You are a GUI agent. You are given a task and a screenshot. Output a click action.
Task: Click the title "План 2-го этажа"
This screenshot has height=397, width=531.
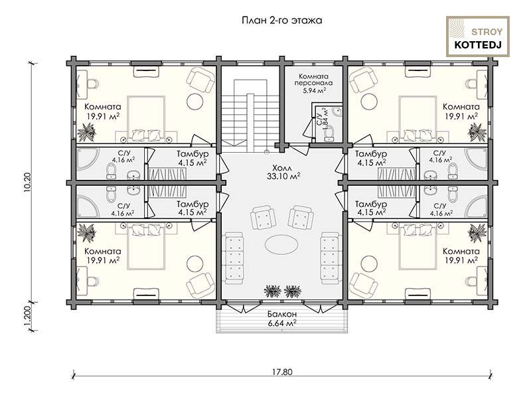point(281,21)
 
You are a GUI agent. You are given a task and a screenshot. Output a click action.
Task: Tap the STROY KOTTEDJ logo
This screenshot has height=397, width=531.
point(478,37)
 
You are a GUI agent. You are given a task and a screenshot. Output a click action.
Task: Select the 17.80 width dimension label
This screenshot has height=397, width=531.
point(281,372)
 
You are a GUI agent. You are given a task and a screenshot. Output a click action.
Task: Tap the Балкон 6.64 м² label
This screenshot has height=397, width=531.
point(282,319)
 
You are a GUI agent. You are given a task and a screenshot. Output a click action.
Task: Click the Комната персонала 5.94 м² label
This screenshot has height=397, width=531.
point(313,84)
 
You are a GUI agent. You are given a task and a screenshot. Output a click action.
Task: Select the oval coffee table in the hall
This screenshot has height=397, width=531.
point(281,244)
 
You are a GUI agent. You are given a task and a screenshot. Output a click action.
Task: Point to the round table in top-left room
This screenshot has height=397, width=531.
point(195,101)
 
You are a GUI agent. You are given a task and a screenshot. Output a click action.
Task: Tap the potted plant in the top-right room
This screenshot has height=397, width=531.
point(477,132)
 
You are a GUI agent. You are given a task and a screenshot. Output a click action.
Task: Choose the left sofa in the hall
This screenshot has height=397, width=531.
point(234,258)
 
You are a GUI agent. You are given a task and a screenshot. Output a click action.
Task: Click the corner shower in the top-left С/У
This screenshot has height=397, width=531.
point(88,159)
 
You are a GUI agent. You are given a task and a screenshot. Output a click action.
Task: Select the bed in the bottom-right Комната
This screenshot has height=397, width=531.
point(417,246)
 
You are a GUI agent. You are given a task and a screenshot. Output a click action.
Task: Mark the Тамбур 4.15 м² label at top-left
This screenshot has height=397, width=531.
point(192,158)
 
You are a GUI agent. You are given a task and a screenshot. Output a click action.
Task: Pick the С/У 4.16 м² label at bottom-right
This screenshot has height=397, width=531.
point(441,210)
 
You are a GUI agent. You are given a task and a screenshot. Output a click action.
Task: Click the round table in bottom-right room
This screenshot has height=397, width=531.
point(369,263)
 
